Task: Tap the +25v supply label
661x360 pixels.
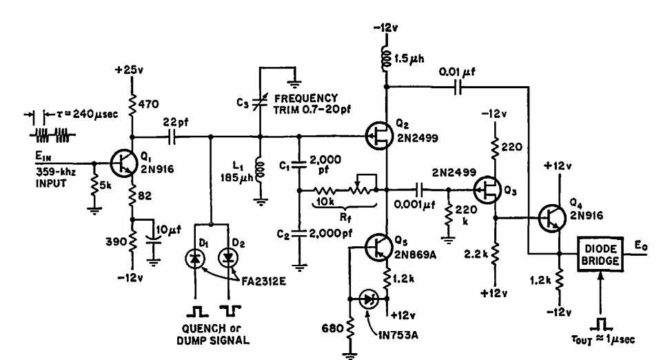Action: [130, 71]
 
